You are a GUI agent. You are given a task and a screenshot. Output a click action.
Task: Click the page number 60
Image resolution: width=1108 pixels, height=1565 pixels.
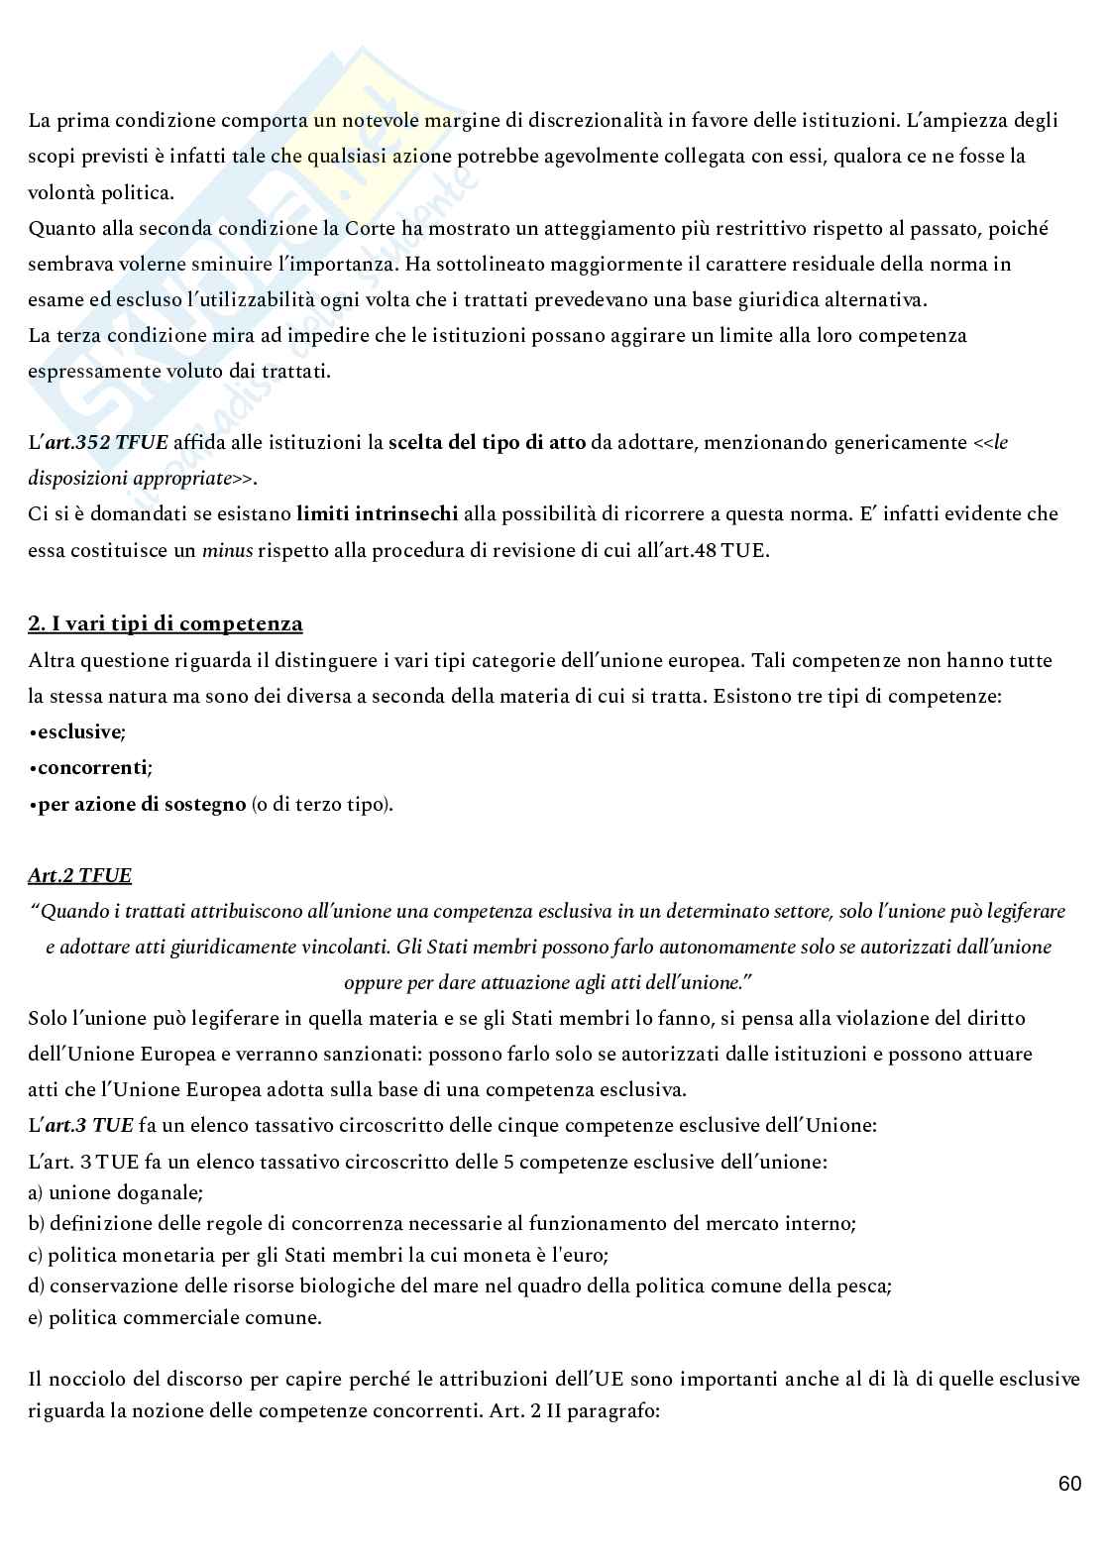click(x=1069, y=1484)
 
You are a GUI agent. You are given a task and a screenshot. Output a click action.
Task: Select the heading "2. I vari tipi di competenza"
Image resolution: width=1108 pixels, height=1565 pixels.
click(x=166, y=623)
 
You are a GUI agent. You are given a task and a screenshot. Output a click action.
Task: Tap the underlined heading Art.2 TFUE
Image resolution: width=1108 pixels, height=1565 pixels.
click(x=80, y=875)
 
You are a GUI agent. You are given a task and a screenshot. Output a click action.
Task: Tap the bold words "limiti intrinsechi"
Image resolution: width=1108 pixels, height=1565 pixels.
click(x=377, y=513)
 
